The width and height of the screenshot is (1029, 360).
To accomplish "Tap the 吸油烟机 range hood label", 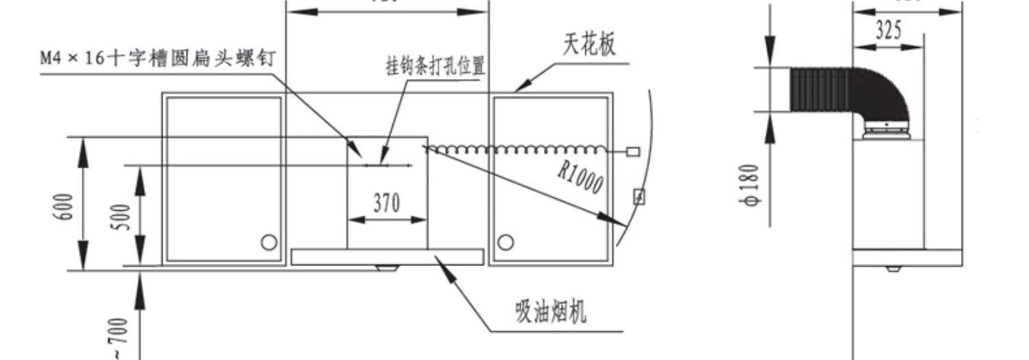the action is [551, 312].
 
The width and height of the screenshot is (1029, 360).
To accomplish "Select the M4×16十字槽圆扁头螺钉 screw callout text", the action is [157, 58].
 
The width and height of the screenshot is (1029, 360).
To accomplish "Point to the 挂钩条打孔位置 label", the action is [435, 67].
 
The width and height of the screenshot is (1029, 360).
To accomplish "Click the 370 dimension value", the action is [387, 203].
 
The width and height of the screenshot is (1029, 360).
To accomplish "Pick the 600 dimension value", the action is [64, 204].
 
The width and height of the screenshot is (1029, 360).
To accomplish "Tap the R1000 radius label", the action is [580, 178].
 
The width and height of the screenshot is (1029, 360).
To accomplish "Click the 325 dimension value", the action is [888, 31].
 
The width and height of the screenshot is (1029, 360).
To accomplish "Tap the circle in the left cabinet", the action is [269, 242].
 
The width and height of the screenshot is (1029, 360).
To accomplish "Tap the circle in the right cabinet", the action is [506, 242].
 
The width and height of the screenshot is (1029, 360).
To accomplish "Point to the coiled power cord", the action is [514, 149].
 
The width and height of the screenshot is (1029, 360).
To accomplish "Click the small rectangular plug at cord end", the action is [633, 150].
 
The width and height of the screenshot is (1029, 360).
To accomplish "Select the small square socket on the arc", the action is [639, 197].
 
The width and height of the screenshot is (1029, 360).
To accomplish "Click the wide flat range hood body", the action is [388, 257].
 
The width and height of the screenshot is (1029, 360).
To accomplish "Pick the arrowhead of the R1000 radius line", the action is [622, 224].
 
